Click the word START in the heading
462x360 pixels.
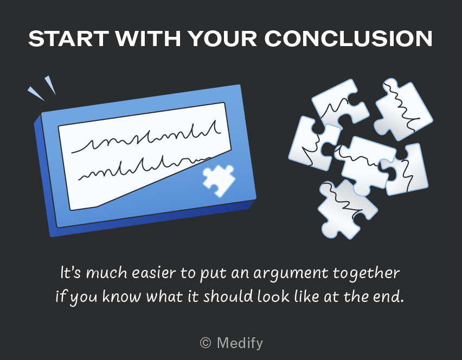coord(68,38)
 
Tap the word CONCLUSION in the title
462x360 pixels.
coord(348,38)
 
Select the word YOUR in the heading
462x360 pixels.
coord(222,38)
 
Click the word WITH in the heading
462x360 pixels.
coord(147,38)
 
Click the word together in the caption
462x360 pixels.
coord(366,273)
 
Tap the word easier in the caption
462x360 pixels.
coord(153,273)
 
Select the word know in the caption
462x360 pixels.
coord(121,296)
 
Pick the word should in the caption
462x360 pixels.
coord(228,296)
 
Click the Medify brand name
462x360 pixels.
coord(240,344)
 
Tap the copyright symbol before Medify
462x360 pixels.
coord(206,343)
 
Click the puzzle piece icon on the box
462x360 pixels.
coord(219,180)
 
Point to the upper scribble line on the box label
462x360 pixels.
coord(146,138)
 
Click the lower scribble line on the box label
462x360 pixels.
coord(144,168)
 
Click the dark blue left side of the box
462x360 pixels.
coord(45,177)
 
